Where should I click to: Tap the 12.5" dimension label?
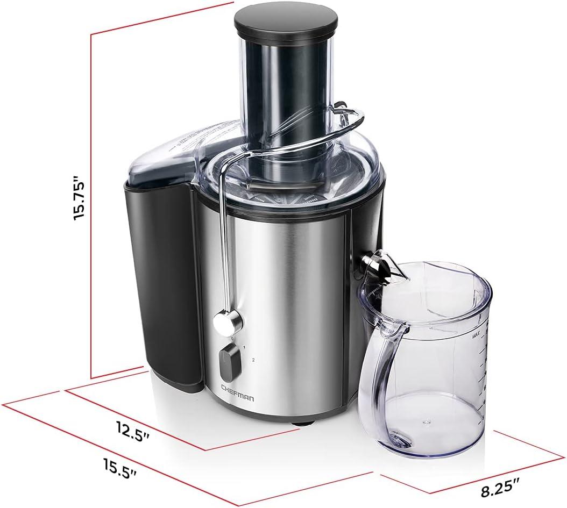131,430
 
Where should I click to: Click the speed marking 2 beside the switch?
252,359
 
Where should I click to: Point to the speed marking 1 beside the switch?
245,348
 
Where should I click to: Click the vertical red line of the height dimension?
92,204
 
